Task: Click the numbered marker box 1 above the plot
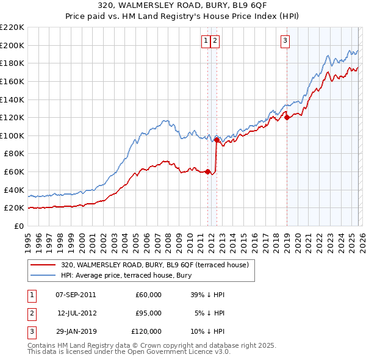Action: point(206,41)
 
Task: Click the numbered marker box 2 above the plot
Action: point(216,41)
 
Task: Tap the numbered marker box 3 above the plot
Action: point(285,41)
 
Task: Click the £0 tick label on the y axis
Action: point(20,226)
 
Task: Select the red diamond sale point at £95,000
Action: point(217,140)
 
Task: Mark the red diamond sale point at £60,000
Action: point(207,171)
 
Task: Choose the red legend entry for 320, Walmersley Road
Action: point(154,265)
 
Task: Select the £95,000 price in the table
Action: point(148,313)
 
